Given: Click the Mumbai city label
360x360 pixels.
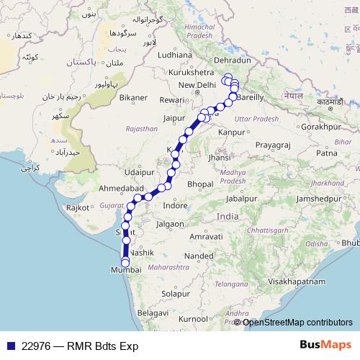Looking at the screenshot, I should tap(121, 269).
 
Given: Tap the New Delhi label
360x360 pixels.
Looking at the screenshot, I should tap(197, 85).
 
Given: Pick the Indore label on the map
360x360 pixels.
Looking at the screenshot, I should tap(175, 206).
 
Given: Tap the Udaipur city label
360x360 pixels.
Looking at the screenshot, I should tap(139, 172).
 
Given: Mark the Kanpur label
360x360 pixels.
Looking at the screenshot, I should tap(233, 132).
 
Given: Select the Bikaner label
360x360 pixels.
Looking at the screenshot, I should tap(133, 97).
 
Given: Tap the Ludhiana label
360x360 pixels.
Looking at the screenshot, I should tap(176, 54).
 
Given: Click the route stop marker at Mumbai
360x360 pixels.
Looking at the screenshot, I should tap(125, 262).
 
